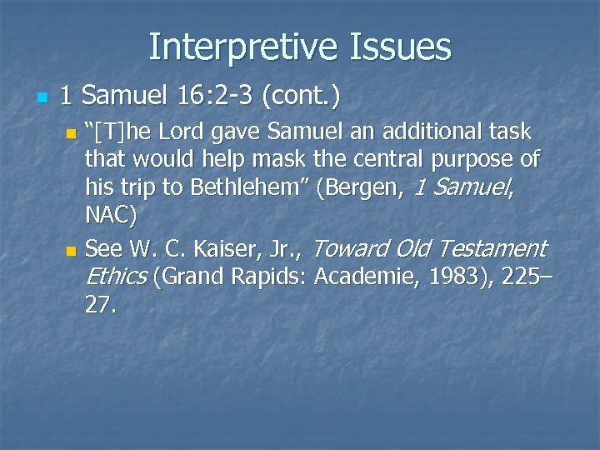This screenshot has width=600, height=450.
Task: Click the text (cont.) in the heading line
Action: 302,98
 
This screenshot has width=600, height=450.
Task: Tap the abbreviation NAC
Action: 109,216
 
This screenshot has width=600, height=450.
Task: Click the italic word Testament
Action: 492,248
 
